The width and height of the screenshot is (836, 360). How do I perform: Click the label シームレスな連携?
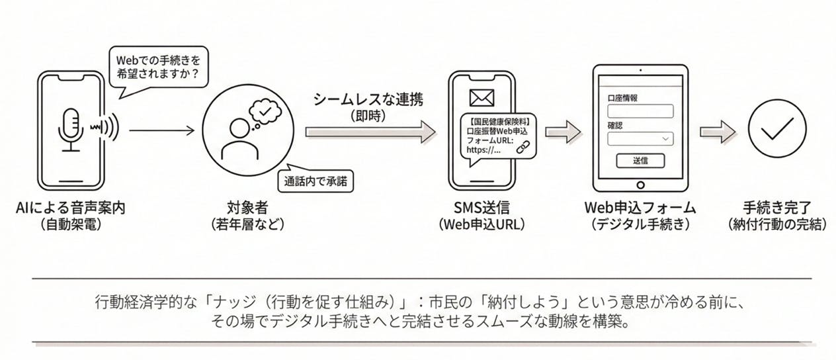click(368, 100)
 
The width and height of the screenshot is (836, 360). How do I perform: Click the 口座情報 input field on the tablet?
click(640, 111)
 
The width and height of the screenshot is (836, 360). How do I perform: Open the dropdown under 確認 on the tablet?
click(640, 139)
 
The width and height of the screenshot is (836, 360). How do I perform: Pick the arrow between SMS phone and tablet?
click(563, 131)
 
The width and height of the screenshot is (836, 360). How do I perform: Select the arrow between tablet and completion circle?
click(716, 131)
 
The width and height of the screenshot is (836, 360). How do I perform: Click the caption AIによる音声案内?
click(71, 207)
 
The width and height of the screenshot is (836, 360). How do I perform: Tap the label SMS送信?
click(481, 207)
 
